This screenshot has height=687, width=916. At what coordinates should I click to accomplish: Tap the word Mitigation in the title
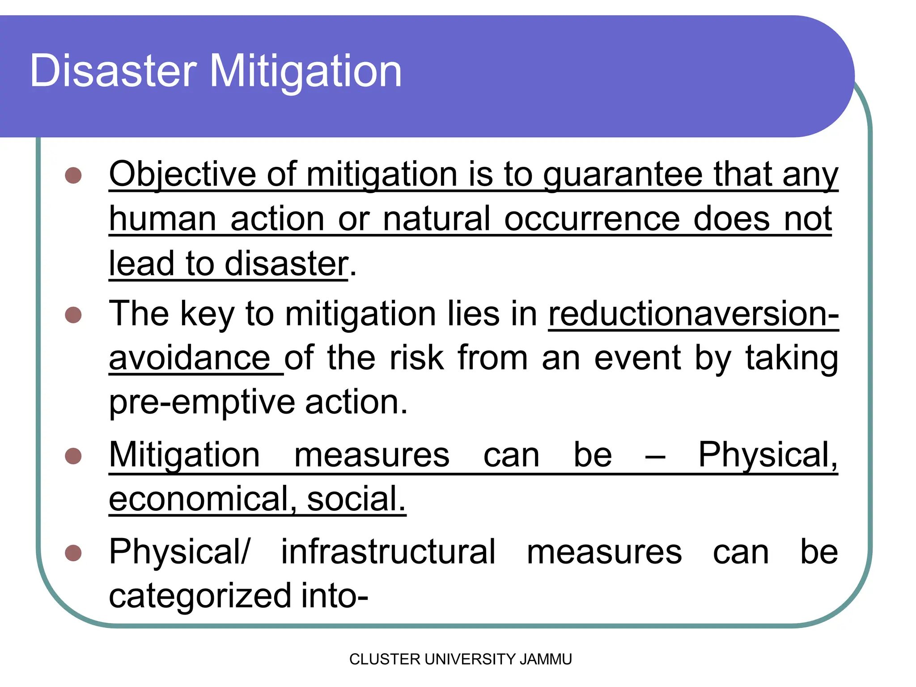point(305,72)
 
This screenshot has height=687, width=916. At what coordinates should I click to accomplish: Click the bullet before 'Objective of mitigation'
point(73,175)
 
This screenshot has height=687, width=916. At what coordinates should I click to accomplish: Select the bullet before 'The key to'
point(73,314)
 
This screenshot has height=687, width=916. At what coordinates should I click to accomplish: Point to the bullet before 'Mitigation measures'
point(73,456)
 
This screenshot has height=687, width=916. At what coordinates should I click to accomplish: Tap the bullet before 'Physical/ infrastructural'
point(73,553)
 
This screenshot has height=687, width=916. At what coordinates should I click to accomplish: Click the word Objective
point(182,174)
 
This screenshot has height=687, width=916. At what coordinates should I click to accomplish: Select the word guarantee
point(623,175)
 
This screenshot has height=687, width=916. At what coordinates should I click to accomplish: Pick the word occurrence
point(592,219)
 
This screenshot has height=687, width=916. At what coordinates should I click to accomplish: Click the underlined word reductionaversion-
point(693,314)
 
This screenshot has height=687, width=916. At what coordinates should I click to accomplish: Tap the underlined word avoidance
point(190,358)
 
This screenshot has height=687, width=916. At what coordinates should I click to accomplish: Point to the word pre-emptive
point(202,403)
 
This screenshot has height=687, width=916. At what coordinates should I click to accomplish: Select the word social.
point(356,499)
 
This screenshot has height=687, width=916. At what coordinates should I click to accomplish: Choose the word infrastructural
point(388,552)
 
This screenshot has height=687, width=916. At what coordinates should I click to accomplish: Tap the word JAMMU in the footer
point(546,659)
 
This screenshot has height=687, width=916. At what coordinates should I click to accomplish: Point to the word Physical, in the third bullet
point(768,455)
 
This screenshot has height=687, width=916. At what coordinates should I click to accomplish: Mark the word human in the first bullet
point(163,219)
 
